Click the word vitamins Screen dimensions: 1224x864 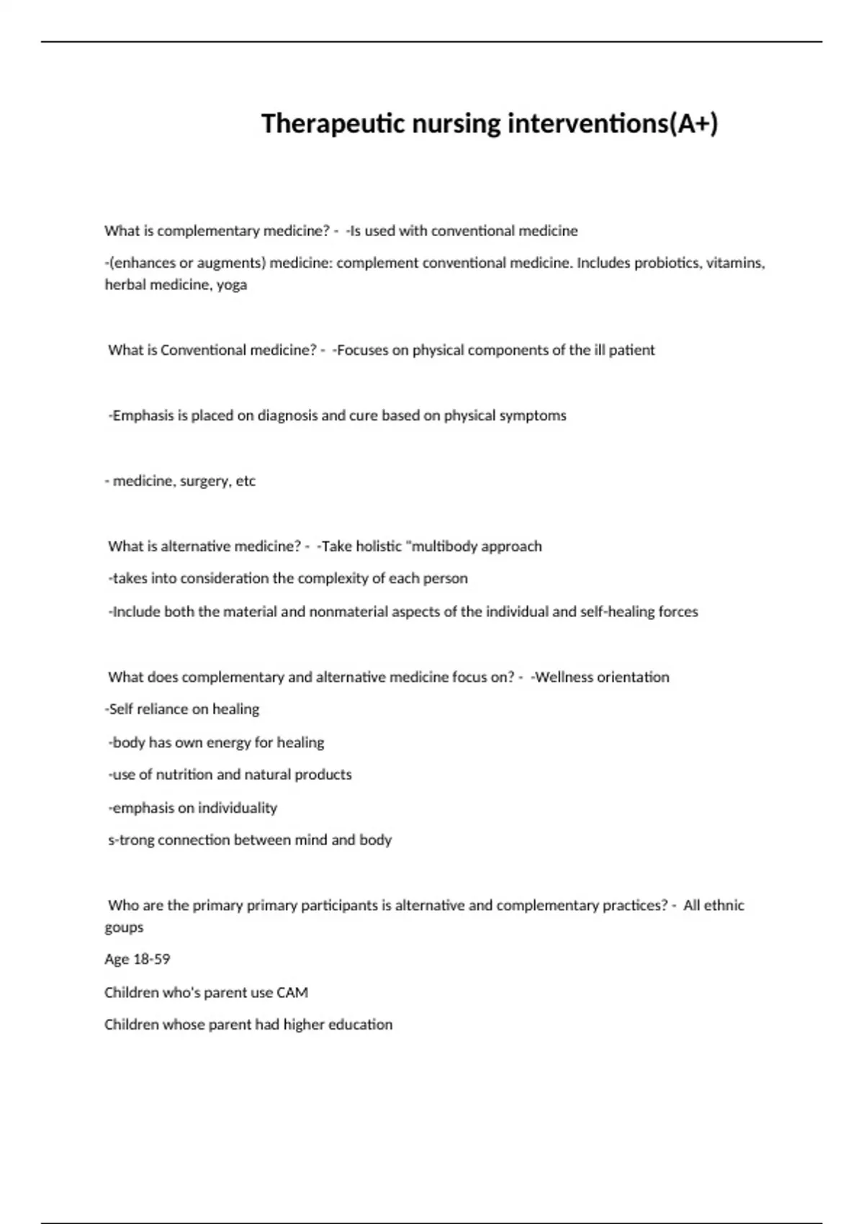(x=735, y=263)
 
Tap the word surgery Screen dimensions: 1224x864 (x=204, y=481)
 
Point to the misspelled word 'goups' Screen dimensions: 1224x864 (x=124, y=927)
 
